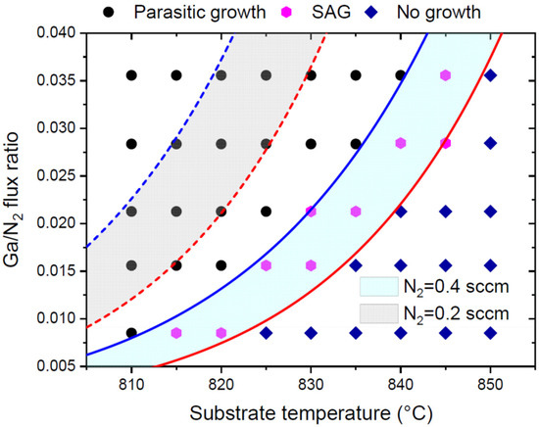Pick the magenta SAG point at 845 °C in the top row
(x=446, y=75)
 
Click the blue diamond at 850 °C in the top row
(x=490, y=75)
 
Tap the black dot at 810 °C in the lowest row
(x=131, y=333)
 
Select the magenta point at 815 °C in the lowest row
(x=176, y=333)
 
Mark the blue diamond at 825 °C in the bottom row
(x=266, y=333)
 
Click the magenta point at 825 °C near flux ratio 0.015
(x=266, y=265)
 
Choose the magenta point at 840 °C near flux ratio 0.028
(x=401, y=143)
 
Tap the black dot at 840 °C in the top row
(x=401, y=75)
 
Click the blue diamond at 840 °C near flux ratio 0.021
(x=401, y=211)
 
